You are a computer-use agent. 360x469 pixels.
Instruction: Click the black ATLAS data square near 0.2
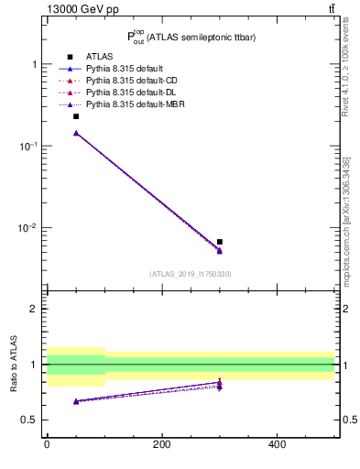pos(76,116)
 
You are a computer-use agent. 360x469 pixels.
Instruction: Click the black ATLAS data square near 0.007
pos(220,242)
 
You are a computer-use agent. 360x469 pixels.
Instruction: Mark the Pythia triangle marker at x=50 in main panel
pos(76,133)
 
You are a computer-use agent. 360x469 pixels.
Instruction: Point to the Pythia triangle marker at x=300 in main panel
pos(220,251)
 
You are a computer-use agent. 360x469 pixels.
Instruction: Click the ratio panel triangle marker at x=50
pos(76,401)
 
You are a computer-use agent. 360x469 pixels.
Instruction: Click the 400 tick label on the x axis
pos(277,444)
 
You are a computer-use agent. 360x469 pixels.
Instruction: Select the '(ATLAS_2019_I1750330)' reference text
pos(190,274)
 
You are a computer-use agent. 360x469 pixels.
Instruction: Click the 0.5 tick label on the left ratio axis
pos(30,420)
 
